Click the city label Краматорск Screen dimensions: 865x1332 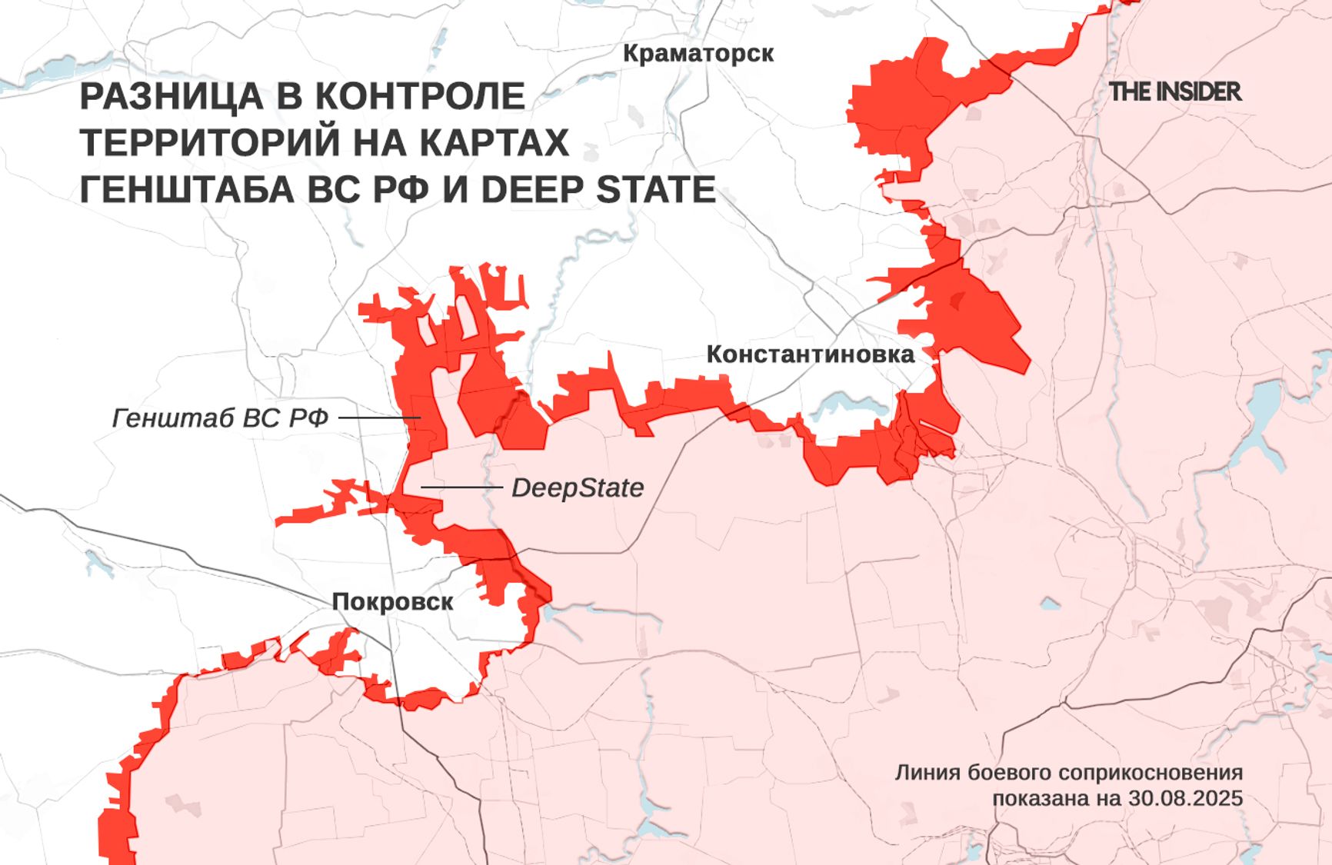click(698, 53)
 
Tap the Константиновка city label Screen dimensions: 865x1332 click(810, 354)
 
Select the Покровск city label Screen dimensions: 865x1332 click(392, 601)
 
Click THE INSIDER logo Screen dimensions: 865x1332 click(1175, 92)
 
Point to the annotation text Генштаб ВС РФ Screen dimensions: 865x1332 click(220, 418)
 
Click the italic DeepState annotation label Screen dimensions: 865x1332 click(578, 487)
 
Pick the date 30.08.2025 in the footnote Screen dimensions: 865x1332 click(1185, 798)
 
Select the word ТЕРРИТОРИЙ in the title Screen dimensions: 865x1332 click(208, 143)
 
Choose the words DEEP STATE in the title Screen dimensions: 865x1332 click(598, 190)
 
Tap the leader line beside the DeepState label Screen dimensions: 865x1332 click(461, 487)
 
